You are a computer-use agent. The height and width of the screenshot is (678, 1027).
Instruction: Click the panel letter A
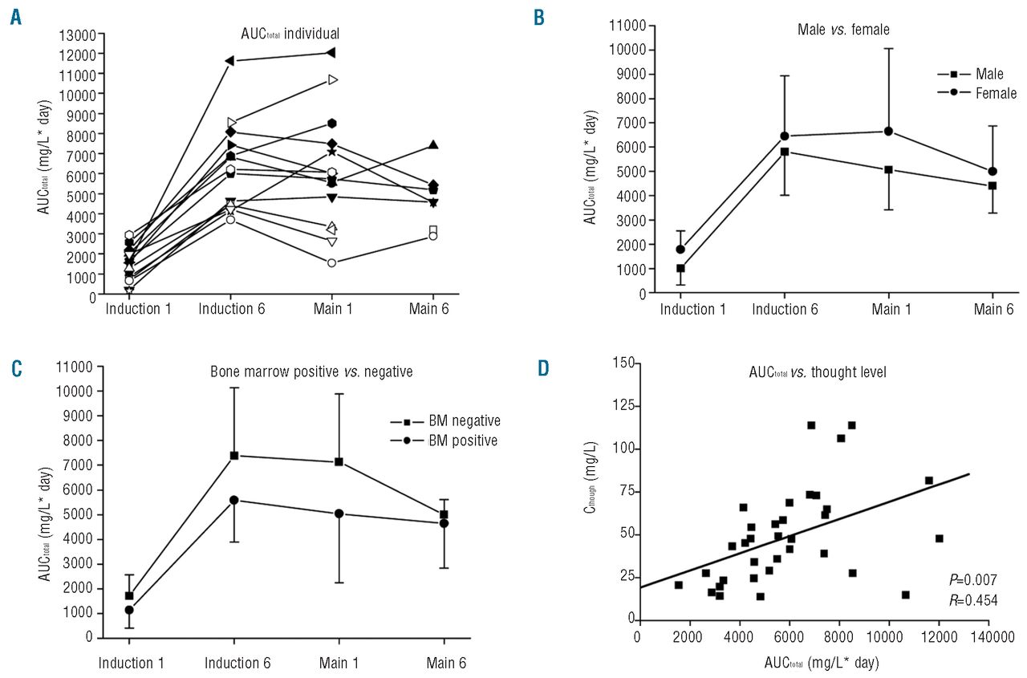tap(15, 17)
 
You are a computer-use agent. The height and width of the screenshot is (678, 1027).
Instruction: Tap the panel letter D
tap(543, 367)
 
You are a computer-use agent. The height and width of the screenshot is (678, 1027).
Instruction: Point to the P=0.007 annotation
tap(973, 579)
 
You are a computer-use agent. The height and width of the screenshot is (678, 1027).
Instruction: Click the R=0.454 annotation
tap(973, 599)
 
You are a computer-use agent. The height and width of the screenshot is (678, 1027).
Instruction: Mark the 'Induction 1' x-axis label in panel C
tap(130, 664)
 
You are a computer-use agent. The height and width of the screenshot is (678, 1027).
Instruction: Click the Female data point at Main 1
tap(888, 132)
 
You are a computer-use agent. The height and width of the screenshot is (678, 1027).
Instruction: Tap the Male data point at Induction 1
tap(680, 268)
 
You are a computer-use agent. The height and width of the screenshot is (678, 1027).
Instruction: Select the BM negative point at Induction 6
tap(234, 456)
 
